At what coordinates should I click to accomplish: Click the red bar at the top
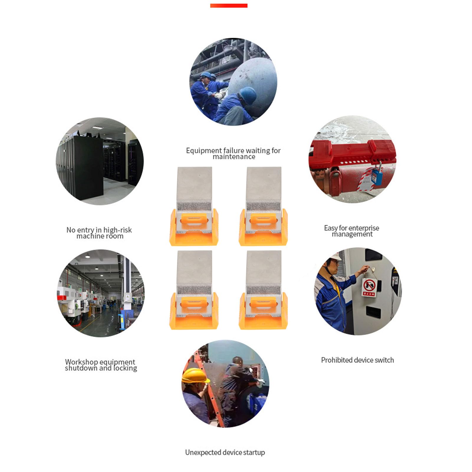[228, 6]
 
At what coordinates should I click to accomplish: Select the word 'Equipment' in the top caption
[203, 151]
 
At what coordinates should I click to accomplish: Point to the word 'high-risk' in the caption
[117, 230]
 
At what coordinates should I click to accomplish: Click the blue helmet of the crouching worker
[248, 95]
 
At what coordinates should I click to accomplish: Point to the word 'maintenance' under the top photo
[234, 157]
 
